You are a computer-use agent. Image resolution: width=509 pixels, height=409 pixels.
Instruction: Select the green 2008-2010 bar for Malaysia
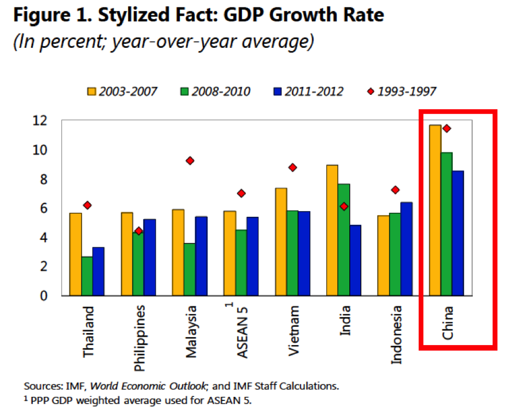[x=190, y=269]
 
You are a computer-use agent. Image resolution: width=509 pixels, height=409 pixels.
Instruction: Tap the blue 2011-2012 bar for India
[x=355, y=260]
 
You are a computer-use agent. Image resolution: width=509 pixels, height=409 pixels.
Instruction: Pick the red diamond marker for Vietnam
[x=292, y=167]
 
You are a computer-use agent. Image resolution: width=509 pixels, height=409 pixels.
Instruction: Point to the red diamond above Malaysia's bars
[x=190, y=160]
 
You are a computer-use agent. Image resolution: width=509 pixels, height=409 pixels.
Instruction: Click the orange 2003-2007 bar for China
[x=435, y=210]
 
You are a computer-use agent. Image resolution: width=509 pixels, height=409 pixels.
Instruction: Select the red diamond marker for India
[x=344, y=207]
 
